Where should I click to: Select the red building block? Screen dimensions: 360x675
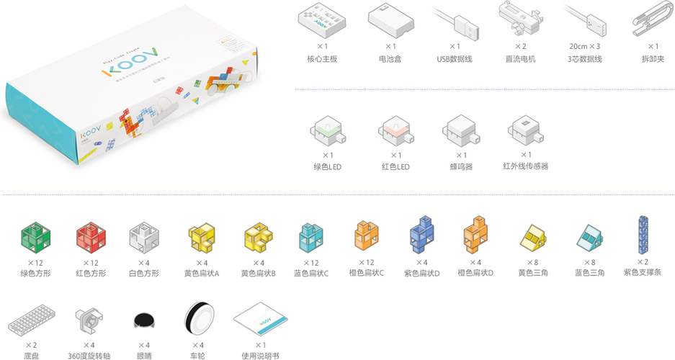coord(91,236)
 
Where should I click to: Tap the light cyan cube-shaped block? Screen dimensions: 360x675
coord(311,235)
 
